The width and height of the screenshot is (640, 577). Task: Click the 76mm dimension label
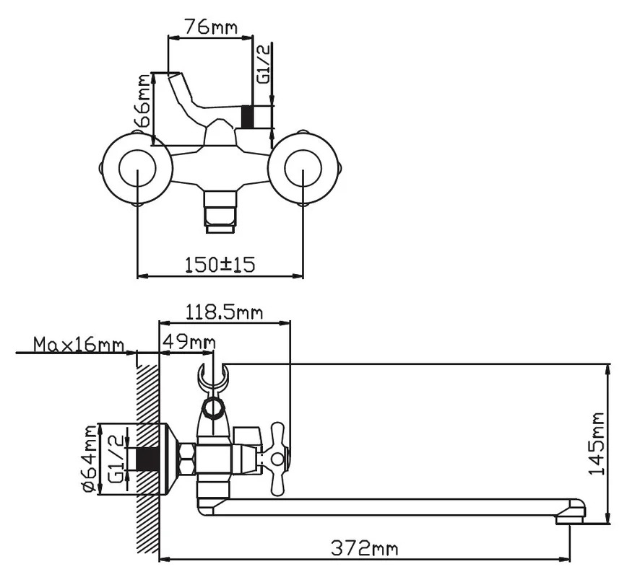pyautogui.click(x=211, y=27)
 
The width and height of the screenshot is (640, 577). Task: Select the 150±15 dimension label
pyautogui.click(x=220, y=265)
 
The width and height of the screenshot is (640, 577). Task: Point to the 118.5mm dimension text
pyautogui.click(x=224, y=312)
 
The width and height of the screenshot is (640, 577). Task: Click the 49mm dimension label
pyautogui.click(x=189, y=340)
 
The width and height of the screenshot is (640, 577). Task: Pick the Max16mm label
pyautogui.click(x=78, y=344)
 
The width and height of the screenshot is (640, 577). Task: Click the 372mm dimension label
pyautogui.click(x=363, y=548)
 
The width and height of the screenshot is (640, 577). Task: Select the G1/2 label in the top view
pyautogui.click(x=264, y=64)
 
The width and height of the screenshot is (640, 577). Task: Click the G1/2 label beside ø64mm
pyautogui.click(x=116, y=459)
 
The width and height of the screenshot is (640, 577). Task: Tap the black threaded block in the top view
pyautogui.click(x=248, y=117)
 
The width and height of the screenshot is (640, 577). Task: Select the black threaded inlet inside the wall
pyautogui.click(x=147, y=459)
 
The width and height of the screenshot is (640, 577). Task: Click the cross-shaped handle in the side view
pyautogui.click(x=276, y=459)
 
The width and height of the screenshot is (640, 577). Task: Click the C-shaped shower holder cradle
pyautogui.click(x=212, y=376)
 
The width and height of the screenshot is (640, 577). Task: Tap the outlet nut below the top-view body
pyautogui.click(x=221, y=212)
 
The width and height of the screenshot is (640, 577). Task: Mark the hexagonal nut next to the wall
pyautogui.click(x=186, y=459)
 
